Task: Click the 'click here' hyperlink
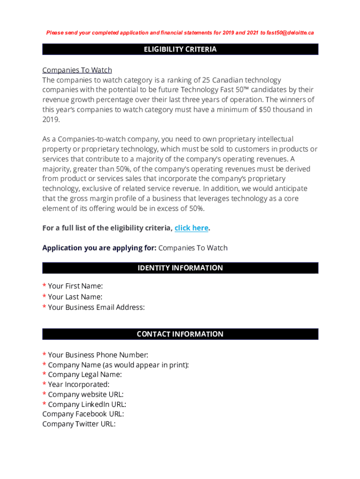click(x=191, y=228)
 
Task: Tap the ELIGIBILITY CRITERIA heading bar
click(x=180, y=50)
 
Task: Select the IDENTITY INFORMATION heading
click(x=180, y=268)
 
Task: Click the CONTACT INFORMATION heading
click(x=180, y=334)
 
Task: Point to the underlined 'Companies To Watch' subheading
click(x=77, y=70)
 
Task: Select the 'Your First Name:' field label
click(x=75, y=286)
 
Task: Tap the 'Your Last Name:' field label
click(x=75, y=297)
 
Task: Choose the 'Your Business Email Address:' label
click(x=96, y=307)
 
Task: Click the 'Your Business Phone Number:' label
click(x=98, y=355)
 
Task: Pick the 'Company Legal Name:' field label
click(x=85, y=375)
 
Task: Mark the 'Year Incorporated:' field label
click(x=79, y=385)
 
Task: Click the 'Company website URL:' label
click(x=86, y=394)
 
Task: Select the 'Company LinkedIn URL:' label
click(x=87, y=404)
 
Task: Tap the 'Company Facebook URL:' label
click(x=83, y=414)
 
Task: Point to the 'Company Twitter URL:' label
click(x=79, y=424)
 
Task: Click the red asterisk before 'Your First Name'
click(x=44, y=286)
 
